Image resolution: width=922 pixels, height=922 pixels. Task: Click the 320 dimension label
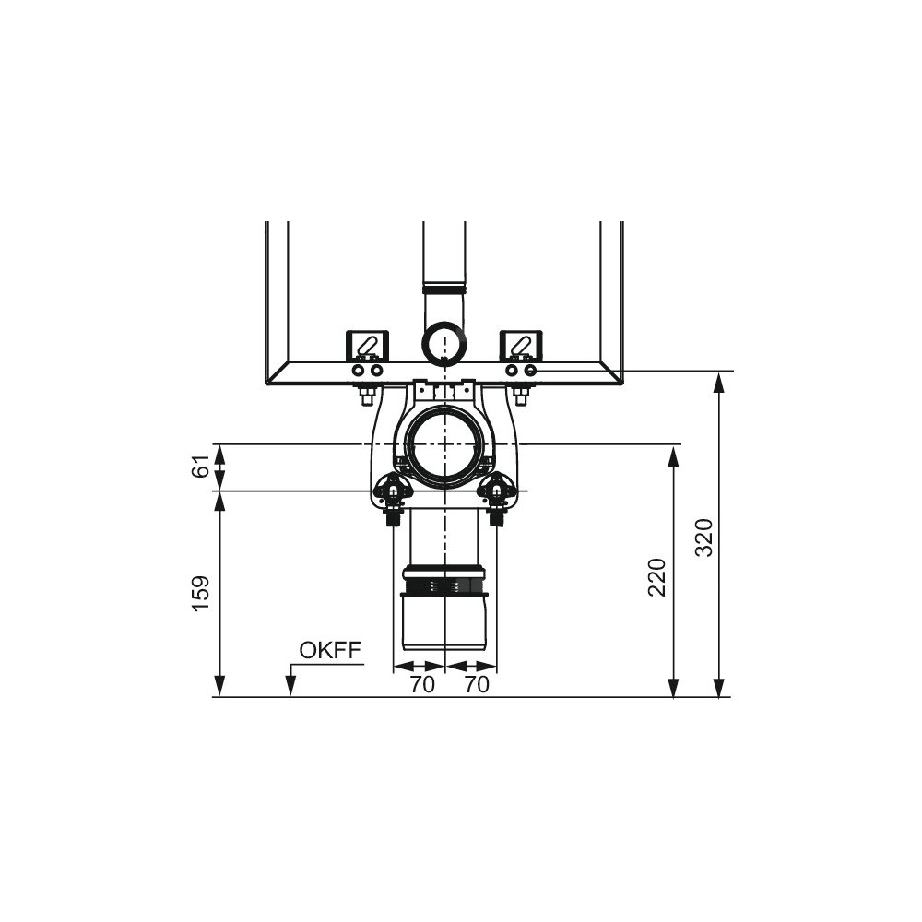[703, 537]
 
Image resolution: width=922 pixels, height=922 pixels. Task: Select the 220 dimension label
[656, 577]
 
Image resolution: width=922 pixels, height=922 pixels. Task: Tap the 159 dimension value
[201, 593]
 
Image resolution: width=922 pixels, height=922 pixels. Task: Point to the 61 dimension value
[201, 466]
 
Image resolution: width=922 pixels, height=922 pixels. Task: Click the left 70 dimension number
[422, 684]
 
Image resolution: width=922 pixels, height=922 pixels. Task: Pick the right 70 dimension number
[477, 684]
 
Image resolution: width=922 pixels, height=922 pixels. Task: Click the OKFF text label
[330, 650]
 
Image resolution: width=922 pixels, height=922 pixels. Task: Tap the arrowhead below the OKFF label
[290, 686]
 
